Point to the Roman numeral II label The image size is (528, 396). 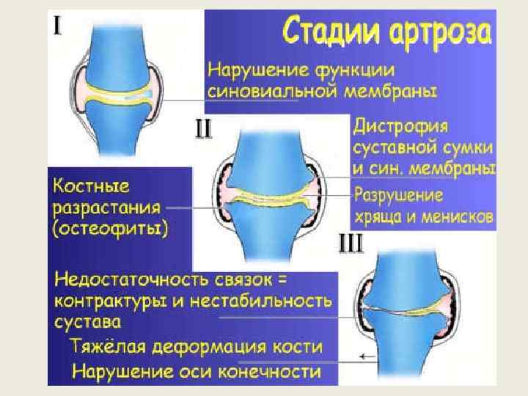[x=202, y=130]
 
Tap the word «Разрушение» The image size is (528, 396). [x=399, y=196]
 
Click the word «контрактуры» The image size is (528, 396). [x=111, y=301]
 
